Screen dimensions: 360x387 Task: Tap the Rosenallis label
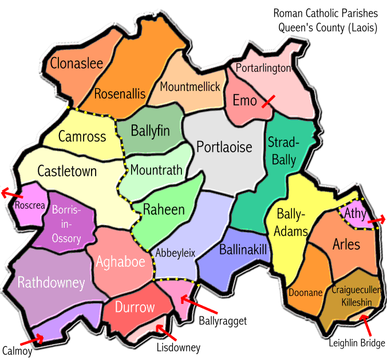point(120,93)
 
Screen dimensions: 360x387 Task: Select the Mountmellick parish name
point(190,87)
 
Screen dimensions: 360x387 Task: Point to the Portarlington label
point(263,68)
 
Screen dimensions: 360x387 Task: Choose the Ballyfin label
point(150,130)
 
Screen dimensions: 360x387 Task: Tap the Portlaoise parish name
point(224,147)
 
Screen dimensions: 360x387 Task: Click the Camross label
point(82,136)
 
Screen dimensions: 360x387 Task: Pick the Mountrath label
point(156,170)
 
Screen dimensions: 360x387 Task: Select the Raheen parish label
point(164,209)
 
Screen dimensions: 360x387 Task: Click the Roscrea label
point(30,205)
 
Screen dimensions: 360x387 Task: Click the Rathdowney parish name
point(51,282)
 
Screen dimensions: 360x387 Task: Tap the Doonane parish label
point(306,292)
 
